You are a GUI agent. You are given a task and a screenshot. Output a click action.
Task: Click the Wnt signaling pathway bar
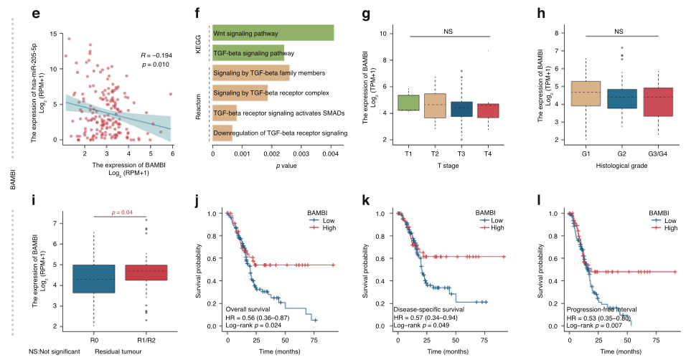(x=273, y=33)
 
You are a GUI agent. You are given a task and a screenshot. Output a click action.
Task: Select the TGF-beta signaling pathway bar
(x=248, y=53)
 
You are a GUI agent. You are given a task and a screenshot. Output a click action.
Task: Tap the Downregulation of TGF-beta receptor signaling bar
(x=222, y=133)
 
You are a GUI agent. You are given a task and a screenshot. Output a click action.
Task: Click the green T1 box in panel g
(x=408, y=103)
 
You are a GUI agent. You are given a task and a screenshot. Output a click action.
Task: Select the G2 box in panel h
(x=622, y=99)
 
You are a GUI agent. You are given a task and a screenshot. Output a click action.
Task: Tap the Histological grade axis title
(x=622, y=166)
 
